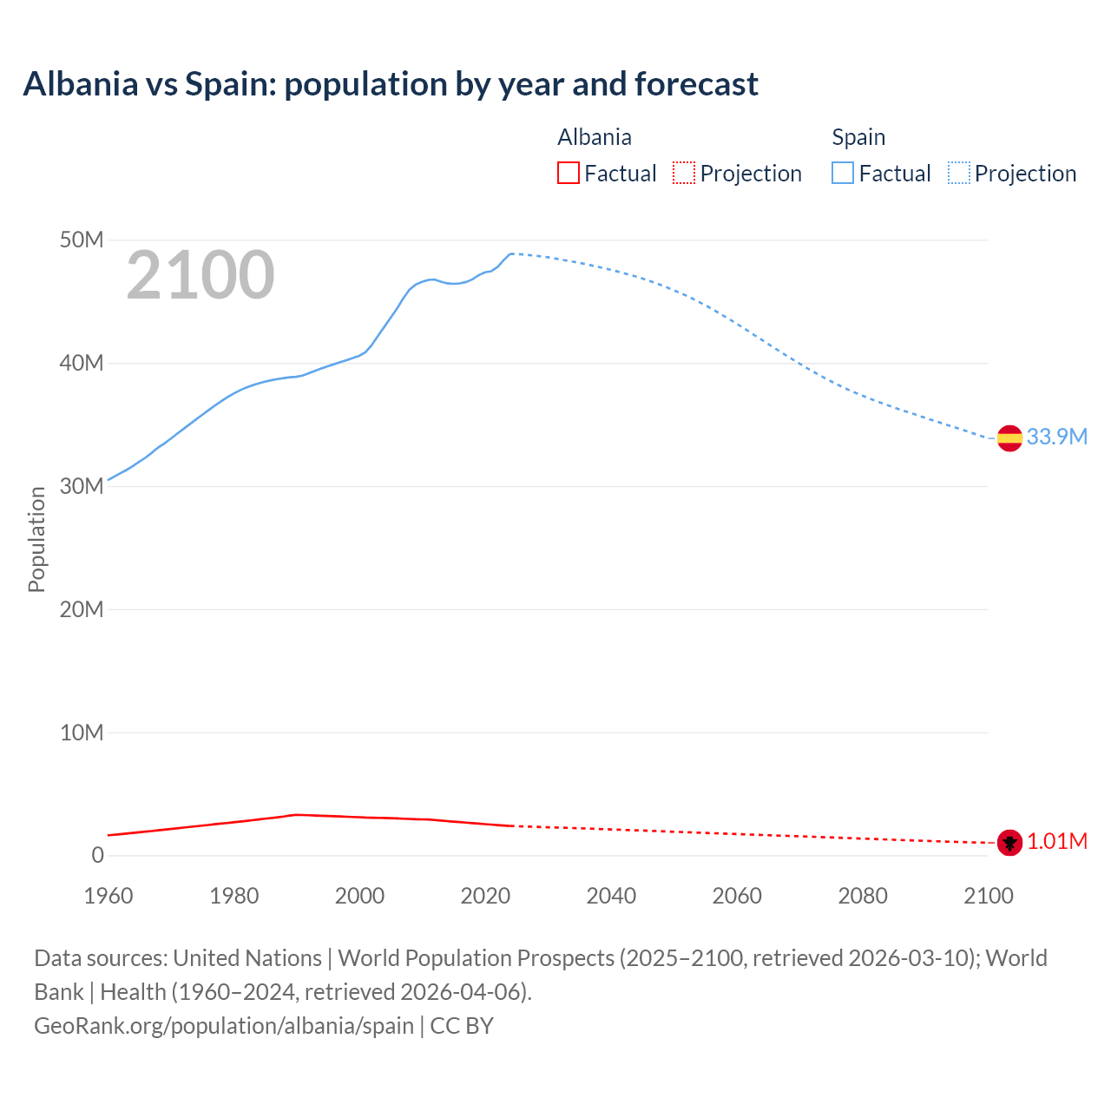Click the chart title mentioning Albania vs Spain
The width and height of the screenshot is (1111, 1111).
(391, 84)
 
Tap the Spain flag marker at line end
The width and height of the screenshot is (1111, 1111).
(1009, 438)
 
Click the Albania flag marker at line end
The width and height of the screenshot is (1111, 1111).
(1009, 842)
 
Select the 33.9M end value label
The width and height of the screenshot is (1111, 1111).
(1056, 437)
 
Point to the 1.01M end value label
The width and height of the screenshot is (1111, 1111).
(1057, 841)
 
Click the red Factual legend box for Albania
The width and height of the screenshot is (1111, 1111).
(568, 173)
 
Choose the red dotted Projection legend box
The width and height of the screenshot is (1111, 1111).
(684, 173)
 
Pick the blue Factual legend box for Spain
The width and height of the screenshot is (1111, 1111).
(842, 173)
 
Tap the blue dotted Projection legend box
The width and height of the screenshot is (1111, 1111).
(958, 173)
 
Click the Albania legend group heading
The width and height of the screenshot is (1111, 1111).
(595, 137)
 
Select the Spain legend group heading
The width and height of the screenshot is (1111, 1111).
(858, 137)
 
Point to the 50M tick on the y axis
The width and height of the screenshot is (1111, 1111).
(82, 240)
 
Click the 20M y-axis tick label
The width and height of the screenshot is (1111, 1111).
(82, 609)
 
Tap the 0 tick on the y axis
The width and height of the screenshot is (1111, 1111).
(97, 856)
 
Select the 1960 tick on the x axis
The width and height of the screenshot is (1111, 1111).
(108, 896)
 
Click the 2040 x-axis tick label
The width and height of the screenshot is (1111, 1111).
(611, 896)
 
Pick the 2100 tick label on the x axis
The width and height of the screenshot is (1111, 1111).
(988, 896)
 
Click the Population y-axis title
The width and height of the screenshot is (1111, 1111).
(36, 539)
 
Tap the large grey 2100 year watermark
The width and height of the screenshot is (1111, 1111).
(201, 275)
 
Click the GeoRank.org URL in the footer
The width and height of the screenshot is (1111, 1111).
(224, 1025)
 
